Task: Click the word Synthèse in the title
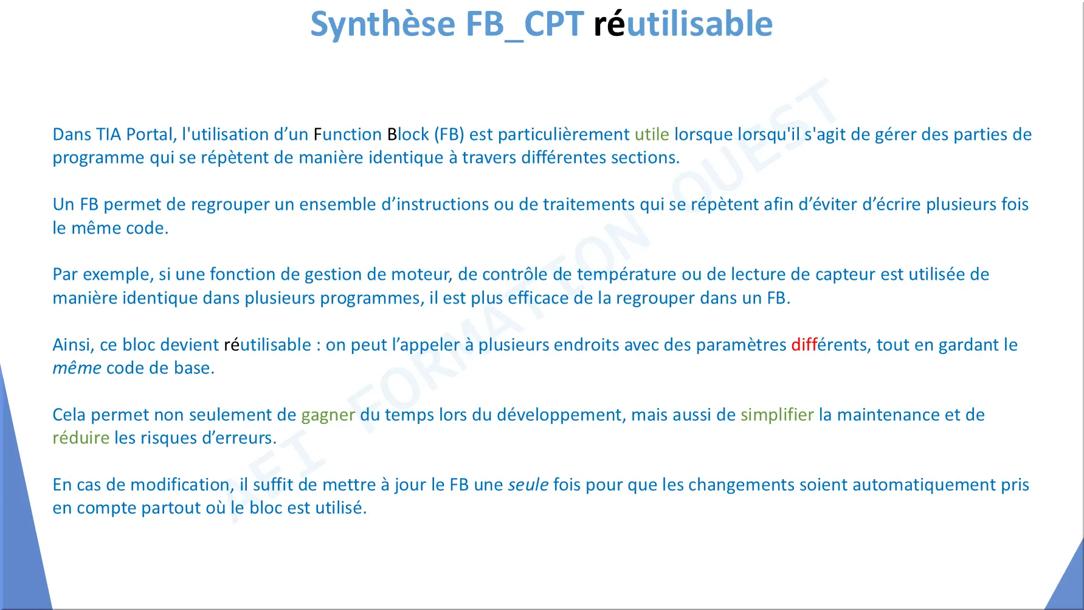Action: click(383, 24)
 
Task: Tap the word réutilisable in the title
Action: click(683, 24)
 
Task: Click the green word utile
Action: click(652, 134)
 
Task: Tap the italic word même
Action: click(77, 368)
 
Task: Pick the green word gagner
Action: click(328, 415)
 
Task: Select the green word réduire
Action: click(81, 438)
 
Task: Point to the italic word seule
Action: click(528, 485)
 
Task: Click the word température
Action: click(626, 275)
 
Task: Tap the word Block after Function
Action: click(408, 134)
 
